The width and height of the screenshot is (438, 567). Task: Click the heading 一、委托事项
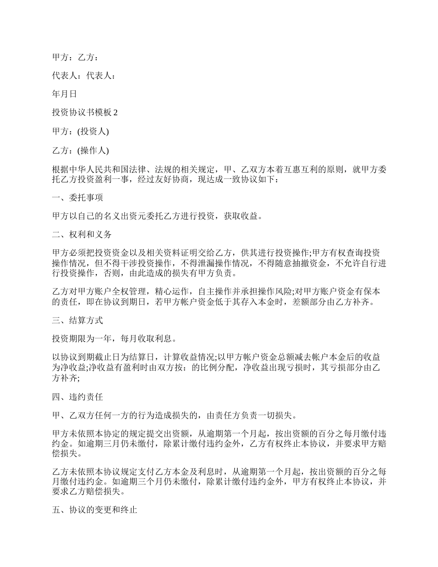77,197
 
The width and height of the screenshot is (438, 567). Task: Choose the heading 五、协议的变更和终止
94,511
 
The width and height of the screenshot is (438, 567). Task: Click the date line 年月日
65,94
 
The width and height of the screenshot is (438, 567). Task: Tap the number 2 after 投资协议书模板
116,113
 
